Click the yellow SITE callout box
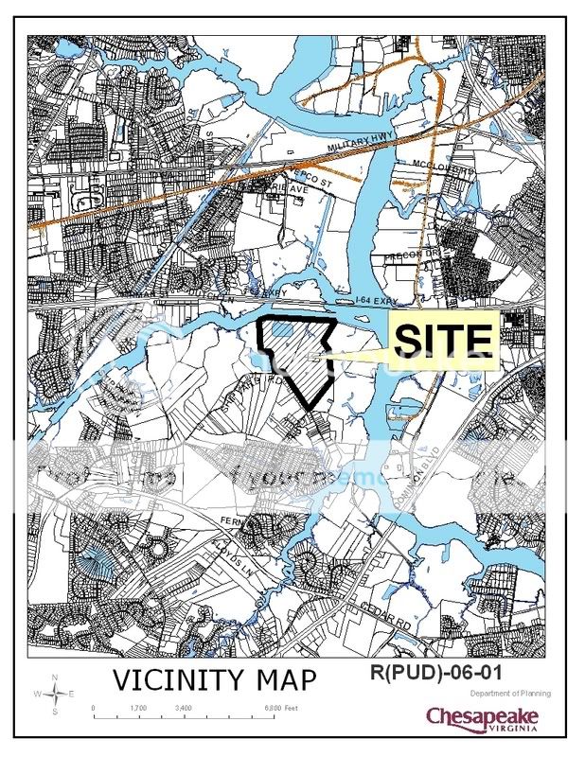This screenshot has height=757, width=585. click(x=444, y=340)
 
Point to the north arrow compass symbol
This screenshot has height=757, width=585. click(x=56, y=694)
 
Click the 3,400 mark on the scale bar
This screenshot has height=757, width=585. click(x=184, y=708)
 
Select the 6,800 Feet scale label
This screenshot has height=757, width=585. click(x=281, y=708)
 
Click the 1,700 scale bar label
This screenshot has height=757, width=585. click(x=138, y=708)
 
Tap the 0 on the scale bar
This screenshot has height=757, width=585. click(x=93, y=708)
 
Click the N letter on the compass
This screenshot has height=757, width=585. click(x=56, y=677)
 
